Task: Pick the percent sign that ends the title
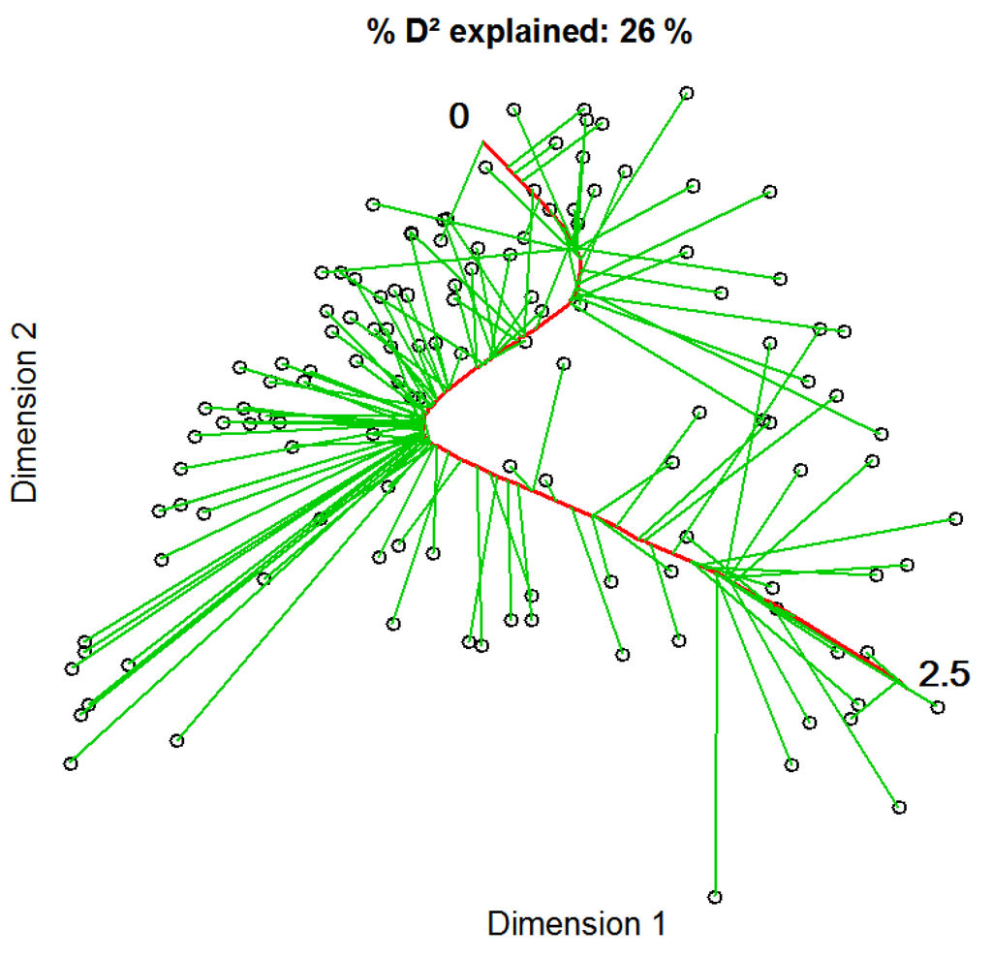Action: coord(678,33)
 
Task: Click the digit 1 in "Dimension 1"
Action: coord(658,923)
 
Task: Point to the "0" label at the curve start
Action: coord(458,117)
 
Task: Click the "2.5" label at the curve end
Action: coord(944,673)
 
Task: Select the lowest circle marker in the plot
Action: coord(715,897)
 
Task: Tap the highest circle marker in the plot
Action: coord(687,93)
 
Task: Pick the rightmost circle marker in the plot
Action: coord(956,519)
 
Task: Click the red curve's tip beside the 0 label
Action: coord(483,142)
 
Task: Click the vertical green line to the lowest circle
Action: coord(716,736)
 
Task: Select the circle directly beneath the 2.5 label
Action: coord(937,708)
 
